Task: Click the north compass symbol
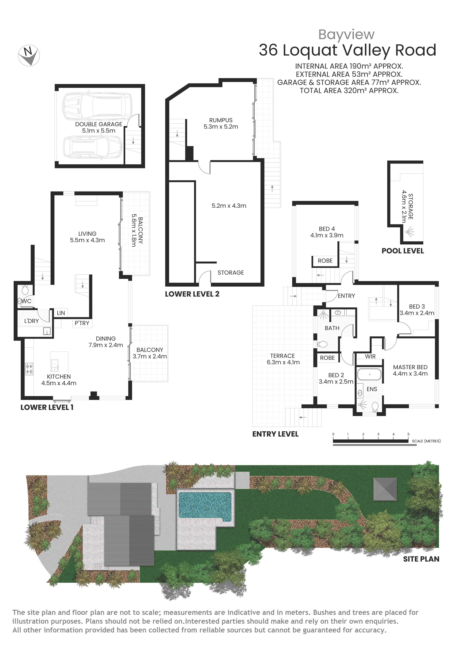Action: [x=29, y=55]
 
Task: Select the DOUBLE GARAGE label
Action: [x=99, y=124]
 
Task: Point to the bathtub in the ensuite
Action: [x=369, y=374]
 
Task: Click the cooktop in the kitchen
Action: [x=29, y=369]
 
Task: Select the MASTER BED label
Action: [x=410, y=367]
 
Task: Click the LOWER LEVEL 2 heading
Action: [x=192, y=294]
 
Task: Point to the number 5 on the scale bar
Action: [x=408, y=434]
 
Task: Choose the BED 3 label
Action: [x=417, y=306]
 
